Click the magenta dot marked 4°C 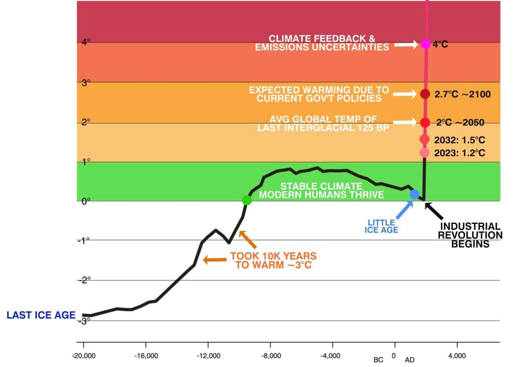click(x=425, y=44)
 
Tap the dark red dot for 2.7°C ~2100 click(x=425, y=94)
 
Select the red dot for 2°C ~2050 click(x=425, y=122)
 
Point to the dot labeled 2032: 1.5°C click(x=425, y=139)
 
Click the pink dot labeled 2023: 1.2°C click(x=425, y=152)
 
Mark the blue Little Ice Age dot click(x=414, y=194)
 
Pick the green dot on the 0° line click(x=247, y=200)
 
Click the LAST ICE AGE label click(x=41, y=315)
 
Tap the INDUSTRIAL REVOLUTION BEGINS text click(x=470, y=235)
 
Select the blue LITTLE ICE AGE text click(x=381, y=226)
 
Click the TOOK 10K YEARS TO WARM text click(x=273, y=261)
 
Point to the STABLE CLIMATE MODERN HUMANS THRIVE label click(x=321, y=190)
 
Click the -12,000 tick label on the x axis click(x=208, y=356)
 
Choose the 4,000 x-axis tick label click(x=457, y=356)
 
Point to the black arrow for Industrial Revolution click(x=434, y=211)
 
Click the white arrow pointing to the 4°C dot click(x=406, y=45)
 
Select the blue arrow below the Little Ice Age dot click(x=404, y=210)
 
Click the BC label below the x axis click(x=378, y=360)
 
